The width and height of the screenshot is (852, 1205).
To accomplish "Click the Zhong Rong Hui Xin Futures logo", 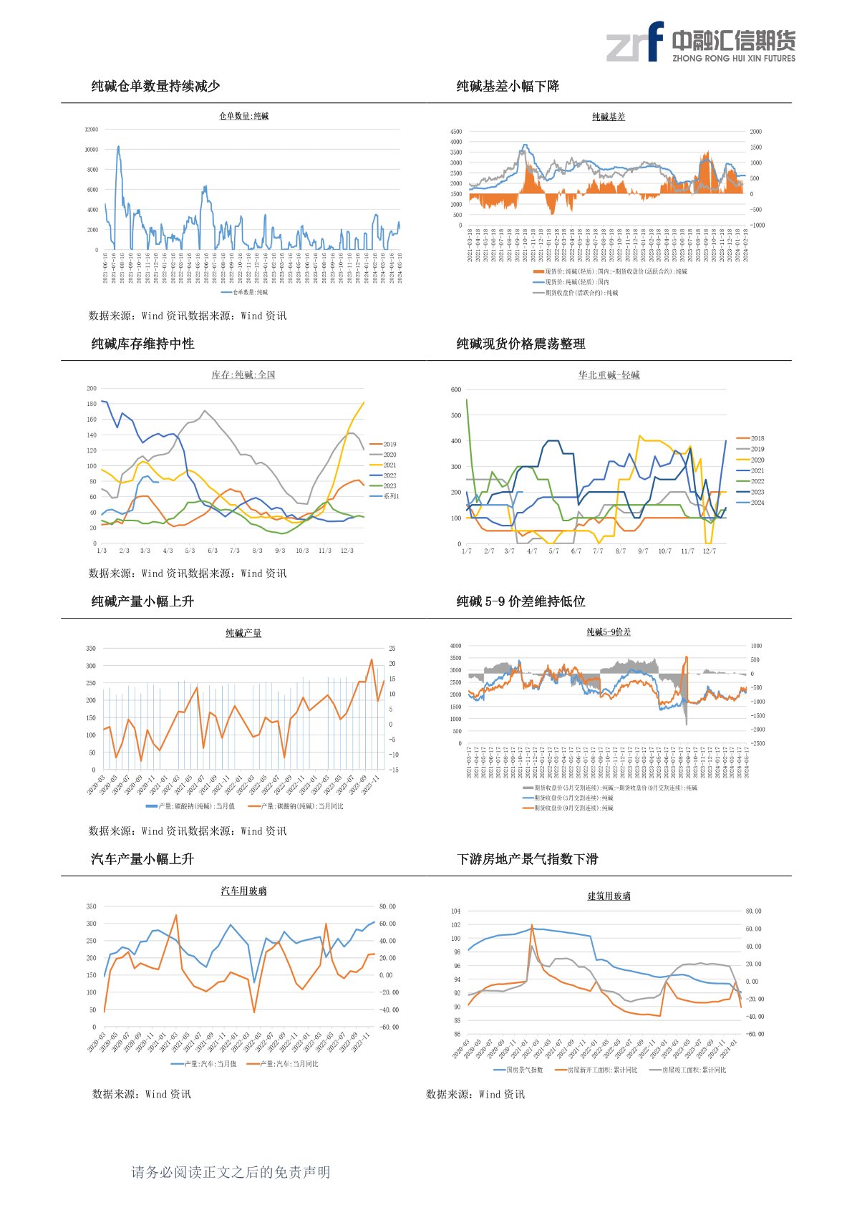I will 700,42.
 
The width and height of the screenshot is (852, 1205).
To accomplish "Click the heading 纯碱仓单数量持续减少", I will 155,87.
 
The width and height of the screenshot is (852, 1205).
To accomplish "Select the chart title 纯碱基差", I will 609,117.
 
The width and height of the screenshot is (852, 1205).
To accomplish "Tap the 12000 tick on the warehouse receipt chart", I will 92,130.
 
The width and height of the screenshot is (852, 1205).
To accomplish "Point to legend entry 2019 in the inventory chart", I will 389,444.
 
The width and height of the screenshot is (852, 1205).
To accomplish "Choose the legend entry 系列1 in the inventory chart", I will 390,496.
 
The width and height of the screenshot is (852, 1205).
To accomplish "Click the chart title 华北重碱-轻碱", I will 609,375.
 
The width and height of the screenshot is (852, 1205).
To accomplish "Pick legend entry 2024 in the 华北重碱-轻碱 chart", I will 757,503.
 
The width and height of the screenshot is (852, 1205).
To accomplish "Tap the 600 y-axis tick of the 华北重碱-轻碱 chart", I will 456,389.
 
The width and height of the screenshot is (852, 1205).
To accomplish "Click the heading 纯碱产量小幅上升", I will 142,601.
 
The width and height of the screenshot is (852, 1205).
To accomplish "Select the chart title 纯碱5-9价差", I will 609,632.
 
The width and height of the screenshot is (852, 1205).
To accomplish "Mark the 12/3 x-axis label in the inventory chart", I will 347,551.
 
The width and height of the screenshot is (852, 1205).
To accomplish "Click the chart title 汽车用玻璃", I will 243,891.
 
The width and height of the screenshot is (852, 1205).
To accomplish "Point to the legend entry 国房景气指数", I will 525,1070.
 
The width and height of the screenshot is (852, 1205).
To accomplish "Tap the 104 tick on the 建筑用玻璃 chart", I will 456,911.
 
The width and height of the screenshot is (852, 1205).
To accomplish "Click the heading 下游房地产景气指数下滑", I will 527,859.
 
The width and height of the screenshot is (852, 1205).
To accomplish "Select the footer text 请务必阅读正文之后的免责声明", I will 231,1172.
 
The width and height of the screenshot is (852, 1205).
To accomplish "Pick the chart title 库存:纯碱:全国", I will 243,375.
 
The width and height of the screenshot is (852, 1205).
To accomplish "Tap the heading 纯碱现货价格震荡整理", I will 521,344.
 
